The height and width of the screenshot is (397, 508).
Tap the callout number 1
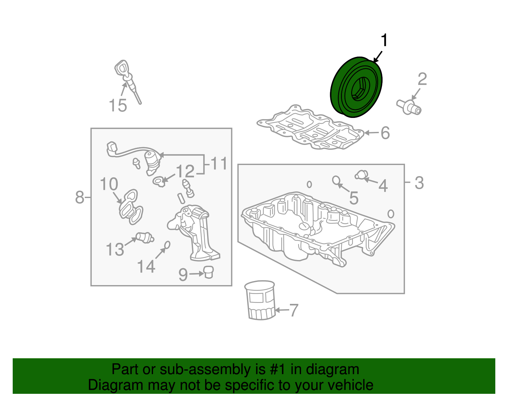[384, 40]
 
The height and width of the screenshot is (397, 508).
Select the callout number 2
[422, 79]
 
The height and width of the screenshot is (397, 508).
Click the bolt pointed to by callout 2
[409, 107]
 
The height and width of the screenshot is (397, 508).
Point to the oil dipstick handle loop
[122, 67]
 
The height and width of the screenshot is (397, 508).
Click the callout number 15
[118, 105]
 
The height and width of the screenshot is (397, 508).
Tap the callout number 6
[385, 133]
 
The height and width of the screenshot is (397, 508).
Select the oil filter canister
[260, 300]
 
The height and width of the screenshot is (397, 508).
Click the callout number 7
[294, 310]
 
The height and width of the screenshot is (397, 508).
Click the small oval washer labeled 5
[336, 180]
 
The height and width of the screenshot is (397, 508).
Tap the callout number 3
[419, 183]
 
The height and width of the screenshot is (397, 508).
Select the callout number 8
[79, 197]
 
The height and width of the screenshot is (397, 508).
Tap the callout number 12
[185, 171]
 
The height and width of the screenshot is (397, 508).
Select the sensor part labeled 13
[145, 238]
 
